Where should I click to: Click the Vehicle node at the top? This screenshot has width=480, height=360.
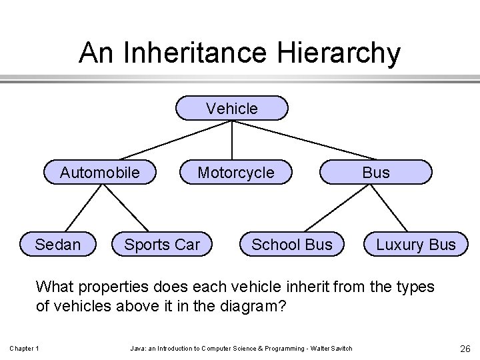[232, 108]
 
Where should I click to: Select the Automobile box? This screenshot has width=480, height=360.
[100, 173]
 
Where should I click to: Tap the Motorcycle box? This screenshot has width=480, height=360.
[236, 173]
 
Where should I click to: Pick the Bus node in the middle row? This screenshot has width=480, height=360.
[376, 173]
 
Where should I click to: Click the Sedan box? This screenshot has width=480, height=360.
[58, 245]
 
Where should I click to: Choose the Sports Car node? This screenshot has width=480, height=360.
[162, 245]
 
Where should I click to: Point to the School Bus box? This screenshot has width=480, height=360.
[291, 245]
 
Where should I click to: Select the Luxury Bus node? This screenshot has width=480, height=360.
[416, 245]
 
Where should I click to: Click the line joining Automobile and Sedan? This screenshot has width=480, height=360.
[79, 208]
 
